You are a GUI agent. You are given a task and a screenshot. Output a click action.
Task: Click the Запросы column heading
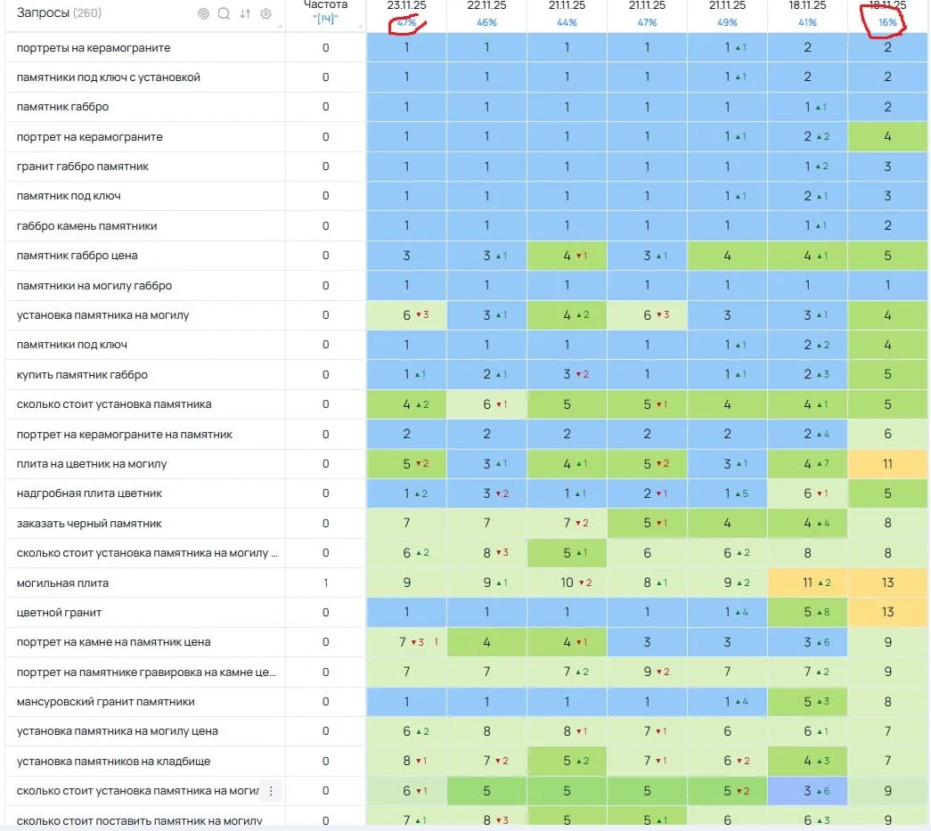click(43, 13)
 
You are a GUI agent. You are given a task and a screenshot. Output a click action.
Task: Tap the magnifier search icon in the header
click(224, 13)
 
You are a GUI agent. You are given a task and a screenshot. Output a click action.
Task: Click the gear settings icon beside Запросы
click(265, 13)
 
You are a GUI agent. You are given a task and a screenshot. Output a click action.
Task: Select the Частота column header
click(325, 6)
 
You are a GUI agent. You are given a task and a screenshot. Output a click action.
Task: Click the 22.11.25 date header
click(486, 5)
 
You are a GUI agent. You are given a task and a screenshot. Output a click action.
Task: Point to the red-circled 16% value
click(887, 22)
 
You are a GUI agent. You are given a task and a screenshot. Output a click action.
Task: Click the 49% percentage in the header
click(727, 22)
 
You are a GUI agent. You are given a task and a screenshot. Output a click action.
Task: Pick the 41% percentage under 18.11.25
click(807, 22)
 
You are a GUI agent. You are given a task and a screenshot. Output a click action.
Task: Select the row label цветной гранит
click(59, 613)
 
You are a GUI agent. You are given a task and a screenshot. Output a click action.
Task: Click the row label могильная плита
click(62, 583)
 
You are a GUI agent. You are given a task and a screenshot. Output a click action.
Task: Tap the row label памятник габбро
click(62, 107)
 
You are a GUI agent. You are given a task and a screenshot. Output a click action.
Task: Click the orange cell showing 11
click(887, 464)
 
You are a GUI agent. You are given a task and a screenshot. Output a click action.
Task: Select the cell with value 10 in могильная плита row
click(567, 583)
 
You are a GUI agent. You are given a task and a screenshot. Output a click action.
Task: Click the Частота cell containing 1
click(325, 583)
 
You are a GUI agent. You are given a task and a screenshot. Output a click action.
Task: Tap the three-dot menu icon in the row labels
click(272, 791)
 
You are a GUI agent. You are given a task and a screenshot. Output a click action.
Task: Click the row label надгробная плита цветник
click(89, 493)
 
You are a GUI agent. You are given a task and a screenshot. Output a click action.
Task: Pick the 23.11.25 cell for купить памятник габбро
click(406, 375)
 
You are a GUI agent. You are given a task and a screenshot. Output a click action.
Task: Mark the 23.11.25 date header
click(406, 5)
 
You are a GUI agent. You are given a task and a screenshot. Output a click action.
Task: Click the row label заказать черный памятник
click(89, 524)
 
